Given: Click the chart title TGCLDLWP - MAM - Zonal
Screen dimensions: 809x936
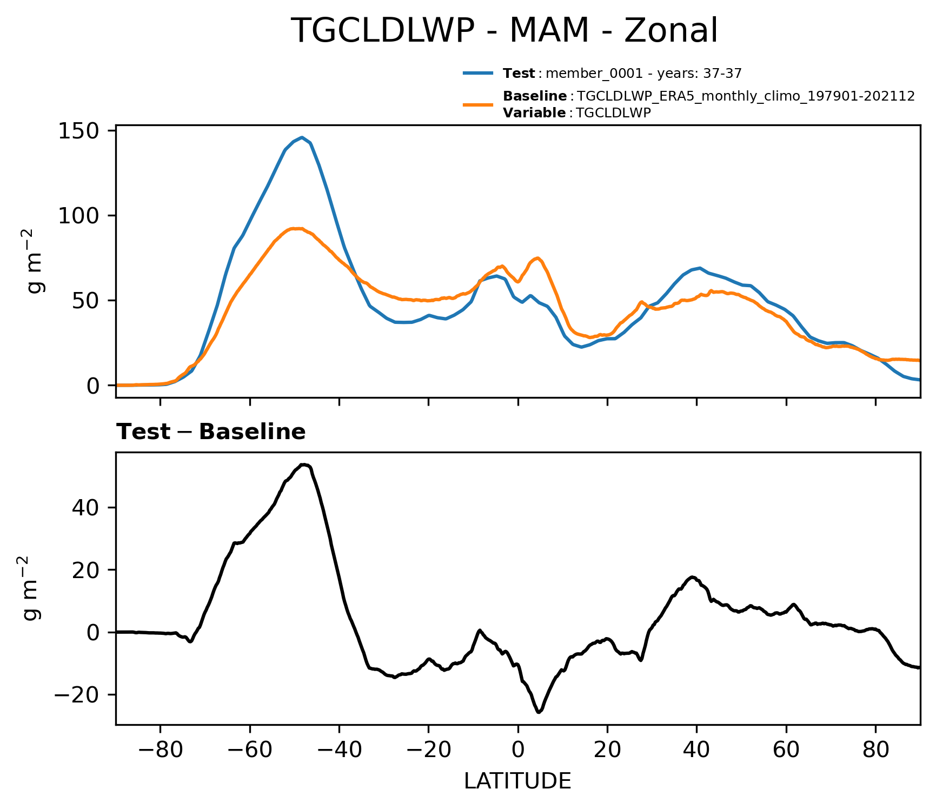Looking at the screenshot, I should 504,31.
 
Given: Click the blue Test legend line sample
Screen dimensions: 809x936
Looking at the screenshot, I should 478,73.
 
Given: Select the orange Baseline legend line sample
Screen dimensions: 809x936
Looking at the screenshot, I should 478,104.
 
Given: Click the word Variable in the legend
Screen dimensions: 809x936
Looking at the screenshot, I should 534,113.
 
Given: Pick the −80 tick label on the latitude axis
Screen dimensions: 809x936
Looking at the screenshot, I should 160,751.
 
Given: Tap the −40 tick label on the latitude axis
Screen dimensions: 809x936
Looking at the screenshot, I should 339,751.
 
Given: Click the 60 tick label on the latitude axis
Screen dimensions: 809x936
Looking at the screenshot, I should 786,751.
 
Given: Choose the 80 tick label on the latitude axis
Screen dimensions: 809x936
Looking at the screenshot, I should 875,751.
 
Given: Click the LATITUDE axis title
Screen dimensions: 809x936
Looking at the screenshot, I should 517,781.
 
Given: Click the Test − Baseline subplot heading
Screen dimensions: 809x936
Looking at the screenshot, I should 211,432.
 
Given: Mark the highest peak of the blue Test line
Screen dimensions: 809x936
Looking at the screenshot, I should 302,137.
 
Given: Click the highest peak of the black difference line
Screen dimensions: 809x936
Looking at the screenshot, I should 304,465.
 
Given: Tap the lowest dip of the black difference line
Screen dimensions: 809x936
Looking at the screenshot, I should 539,712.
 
